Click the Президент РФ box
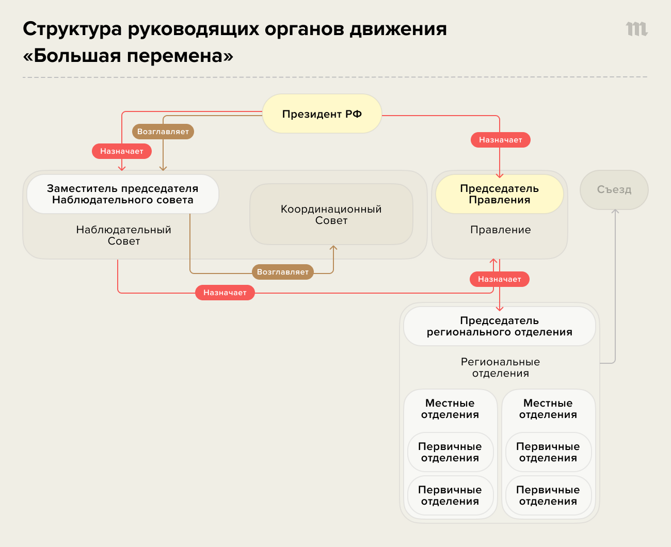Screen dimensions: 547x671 point(322,114)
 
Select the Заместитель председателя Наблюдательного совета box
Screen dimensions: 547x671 point(123,194)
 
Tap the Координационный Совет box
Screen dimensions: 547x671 point(331,215)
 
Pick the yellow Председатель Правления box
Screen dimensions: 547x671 point(500,194)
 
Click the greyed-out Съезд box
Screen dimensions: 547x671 point(614,190)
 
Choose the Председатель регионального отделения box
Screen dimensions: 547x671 point(500,326)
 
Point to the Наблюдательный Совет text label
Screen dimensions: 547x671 point(124,235)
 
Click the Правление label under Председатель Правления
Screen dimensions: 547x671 point(500,230)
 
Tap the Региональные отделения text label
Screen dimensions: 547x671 point(500,367)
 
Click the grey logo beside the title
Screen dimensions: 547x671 point(636,29)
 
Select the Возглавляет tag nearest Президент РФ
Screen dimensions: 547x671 point(163,132)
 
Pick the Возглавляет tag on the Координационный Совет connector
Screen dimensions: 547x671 point(283,272)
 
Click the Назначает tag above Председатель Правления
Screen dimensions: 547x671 point(500,140)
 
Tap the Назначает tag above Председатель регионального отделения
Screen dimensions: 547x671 point(499,279)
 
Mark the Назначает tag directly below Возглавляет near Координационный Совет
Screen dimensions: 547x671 point(225,293)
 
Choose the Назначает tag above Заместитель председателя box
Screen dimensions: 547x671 point(122,151)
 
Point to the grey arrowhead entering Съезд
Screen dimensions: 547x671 point(615,212)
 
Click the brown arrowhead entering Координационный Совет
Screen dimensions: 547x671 point(333,248)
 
